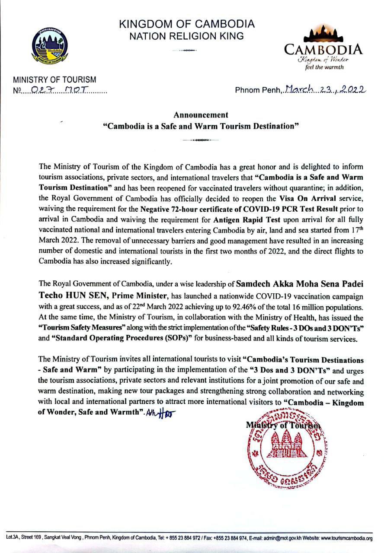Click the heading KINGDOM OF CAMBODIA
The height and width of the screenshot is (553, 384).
(x=187, y=24)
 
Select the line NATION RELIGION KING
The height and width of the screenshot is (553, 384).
(x=187, y=36)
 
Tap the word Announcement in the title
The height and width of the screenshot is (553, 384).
(x=201, y=115)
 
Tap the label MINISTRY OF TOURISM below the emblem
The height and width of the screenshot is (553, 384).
(x=54, y=80)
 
